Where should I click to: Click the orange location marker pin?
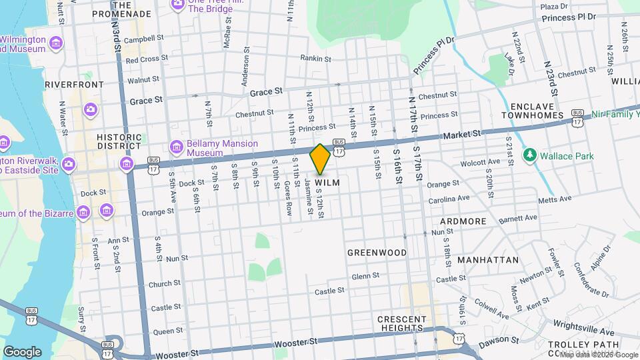[x=321, y=159]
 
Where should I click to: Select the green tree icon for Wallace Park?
[x=530, y=155]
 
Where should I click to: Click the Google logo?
[x=22, y=351]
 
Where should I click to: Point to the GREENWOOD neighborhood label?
[x=377, y=253]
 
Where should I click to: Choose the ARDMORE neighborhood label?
[x=462, y=221]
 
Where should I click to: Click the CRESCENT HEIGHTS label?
[x=402, y=323]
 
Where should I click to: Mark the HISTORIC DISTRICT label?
[x=119, y=141]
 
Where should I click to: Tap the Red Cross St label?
[x=147, y=59]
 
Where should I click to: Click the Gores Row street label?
[x=288, y=198]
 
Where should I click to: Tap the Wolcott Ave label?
[x=480, y=162]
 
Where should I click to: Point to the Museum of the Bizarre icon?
[x=83, y=213]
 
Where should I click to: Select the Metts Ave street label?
[x=555, y=199]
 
